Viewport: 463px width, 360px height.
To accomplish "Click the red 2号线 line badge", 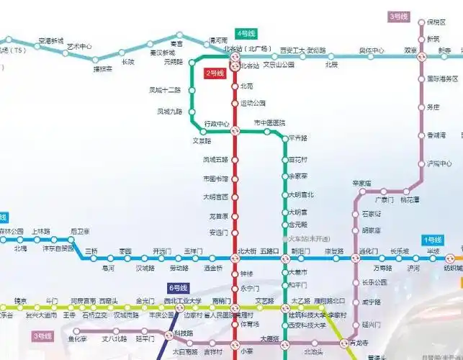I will (215, 73).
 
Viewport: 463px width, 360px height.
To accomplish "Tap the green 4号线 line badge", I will (246, 34).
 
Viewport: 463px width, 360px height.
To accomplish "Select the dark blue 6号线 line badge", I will (177, 288).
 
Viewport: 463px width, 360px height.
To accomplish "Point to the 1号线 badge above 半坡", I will (433, 239).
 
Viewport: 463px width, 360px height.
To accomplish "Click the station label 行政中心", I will (217, 123).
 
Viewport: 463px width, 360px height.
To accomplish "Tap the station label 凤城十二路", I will (165, 90).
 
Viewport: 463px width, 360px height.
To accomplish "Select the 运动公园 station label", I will (253, 103).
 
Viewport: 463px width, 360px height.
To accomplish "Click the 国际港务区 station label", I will (443, 78).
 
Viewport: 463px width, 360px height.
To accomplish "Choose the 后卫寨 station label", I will (80, 231).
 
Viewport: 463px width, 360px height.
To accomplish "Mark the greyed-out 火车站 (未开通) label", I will (309, 238).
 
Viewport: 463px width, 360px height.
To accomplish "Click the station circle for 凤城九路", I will (192, 112).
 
